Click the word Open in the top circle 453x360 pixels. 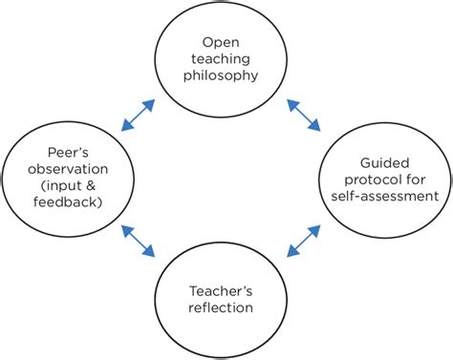221,43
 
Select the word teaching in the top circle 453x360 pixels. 221,59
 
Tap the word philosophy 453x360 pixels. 221,76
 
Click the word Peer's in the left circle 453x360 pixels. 68,153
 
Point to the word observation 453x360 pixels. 68,169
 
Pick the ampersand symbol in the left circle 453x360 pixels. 90,185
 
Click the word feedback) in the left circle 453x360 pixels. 68,202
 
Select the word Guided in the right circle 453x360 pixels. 385,163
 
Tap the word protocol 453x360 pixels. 370,180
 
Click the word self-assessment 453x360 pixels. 385,196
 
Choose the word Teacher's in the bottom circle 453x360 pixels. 221,291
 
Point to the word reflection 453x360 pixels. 221,307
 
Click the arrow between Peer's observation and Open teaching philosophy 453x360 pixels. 138,116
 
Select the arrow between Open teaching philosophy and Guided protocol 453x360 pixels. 304,115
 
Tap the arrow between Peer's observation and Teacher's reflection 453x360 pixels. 138,241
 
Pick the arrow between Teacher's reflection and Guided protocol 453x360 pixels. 304,241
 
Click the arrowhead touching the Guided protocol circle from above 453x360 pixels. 314,125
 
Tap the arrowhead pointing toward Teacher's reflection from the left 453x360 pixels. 148,251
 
